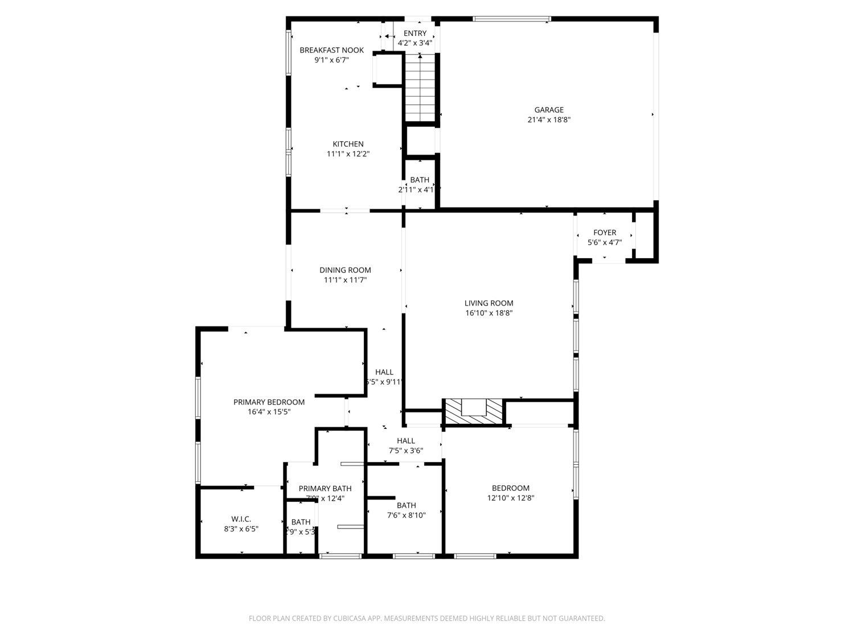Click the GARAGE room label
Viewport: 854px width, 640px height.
pos(548,110)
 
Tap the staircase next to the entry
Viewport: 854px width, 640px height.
pos(420,88)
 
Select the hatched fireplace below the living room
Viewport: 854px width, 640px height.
pos(474,411)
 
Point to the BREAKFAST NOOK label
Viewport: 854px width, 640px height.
pos(331,50)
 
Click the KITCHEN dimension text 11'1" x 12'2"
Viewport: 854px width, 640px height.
pos(348,154)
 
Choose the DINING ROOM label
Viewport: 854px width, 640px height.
pos(345,270)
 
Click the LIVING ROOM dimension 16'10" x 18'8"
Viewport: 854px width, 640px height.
pos(488,313)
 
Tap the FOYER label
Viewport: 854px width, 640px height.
pos(604,233)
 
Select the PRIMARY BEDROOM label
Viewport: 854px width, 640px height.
pos(269,402)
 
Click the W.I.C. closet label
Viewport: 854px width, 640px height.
pos(241,519)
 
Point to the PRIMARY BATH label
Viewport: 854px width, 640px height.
pos(325,489)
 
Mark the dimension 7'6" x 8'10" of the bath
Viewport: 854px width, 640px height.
pos(406,515)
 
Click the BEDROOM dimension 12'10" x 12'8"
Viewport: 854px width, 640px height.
pos(510,498)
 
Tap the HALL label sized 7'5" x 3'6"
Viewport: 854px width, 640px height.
pos(405,441)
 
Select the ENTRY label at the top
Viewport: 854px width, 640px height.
pos(414,34)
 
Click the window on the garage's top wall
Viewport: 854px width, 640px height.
pos(511,19)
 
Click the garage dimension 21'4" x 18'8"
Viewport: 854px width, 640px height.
pos(548,120)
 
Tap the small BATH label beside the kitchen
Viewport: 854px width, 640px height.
pos(419,180)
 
